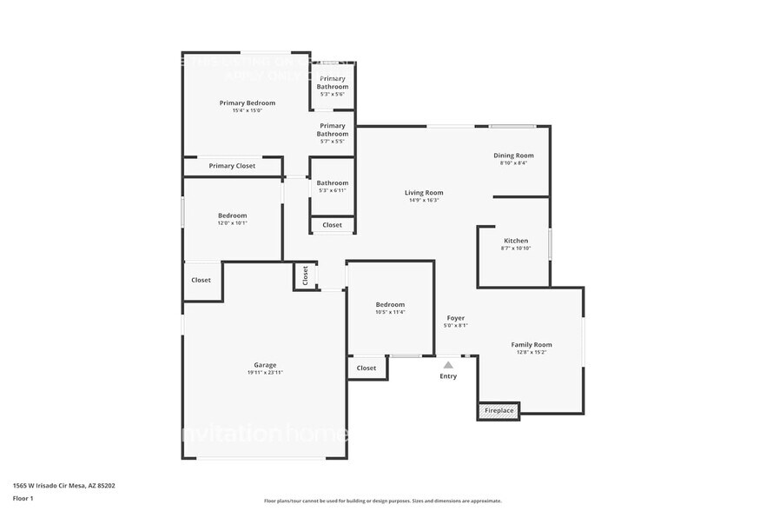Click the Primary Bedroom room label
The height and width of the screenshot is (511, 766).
(x=247, y=103)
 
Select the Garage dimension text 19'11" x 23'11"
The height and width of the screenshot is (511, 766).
(x=264, y=373)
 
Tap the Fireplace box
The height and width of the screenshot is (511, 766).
(x=499, y=410)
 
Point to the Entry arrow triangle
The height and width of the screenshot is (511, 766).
(x=448, y=365)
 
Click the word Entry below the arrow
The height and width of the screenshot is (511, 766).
(x=448, y=376)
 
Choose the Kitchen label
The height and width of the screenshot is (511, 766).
(x=516, y=241)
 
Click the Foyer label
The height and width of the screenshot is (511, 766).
(x=456, y=318)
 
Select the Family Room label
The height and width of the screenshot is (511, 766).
(x=531, y=345)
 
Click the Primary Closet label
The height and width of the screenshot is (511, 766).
(x=232, y=166)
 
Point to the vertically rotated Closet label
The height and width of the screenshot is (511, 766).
(x=306, y=275)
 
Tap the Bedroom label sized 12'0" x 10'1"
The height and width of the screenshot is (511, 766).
(x=232, y=216)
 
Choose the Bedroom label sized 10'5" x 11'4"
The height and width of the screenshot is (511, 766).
(x=390, y=304)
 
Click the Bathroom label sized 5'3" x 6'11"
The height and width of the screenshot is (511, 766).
(x=332, y=183)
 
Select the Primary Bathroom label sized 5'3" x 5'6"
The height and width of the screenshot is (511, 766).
(x=332, y=83)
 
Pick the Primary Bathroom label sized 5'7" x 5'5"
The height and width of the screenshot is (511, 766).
(x=332, y=129)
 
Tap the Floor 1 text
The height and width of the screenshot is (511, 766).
(x=23, y=498)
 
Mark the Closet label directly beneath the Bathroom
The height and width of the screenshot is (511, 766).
(x=332, y=225)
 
